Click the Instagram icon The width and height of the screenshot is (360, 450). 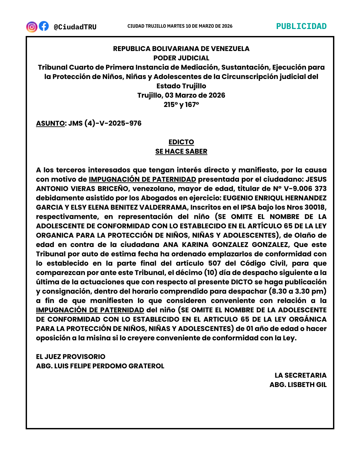pyautogui.click(x=32, y=27)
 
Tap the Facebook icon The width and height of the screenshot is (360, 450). pyautogui.click(x=44, y=26)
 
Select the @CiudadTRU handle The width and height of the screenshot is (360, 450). pyautogui.click(x=75, y=27)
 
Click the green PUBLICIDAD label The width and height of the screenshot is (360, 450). pyautogui.click(x=301, y=26)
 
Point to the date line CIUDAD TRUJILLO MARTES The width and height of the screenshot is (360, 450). pyautogui.click(x=180, y=26)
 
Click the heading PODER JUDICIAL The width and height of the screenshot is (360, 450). pyautogui.click(x=181, y=58)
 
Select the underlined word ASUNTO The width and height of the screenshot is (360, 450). pyautogui.click(x=50, y=123)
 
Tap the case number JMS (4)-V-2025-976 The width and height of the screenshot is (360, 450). pyautogui.click(x=105, y=123)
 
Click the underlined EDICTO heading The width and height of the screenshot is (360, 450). pyautogui.click(x=181, y=142)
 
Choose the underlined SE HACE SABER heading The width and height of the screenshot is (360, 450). pyautogui.click(x=181, y=151)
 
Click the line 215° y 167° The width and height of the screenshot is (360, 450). pyautogui.click(x=181, y=105)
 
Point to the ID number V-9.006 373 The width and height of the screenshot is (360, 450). pyautogui.click(x=305, y=189)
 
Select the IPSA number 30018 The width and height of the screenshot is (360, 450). pyautogui.click(x=315, y=207)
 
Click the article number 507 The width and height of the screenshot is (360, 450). pyautogui.click(x=215, y=263)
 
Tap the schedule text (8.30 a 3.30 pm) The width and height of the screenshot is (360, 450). pyautogui.click(x=298, y=291)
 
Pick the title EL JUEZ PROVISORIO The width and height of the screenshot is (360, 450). pyautogui.click(x=71, y=357)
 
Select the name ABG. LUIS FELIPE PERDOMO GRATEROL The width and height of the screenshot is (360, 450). pyautogui.click(x=100, y=366)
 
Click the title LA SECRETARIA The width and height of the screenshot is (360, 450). pyautogui.click(x=300, y=375)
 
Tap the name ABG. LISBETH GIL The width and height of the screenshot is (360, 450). pyautogui.click(x=298, y=385)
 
